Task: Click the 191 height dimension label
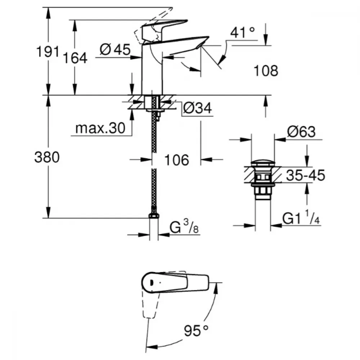click(48, 51)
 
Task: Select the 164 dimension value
click(75, 58)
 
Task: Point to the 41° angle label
click(242, 32)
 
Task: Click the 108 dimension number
click(266, 71)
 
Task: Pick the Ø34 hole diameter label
click(198, 108)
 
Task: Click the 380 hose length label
click(47, 157)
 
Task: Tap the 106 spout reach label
click(177, 160)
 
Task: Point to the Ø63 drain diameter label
click(301, 132)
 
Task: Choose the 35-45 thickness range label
click(306, 175)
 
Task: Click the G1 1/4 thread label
click(301, 217)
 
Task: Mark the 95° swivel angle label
click(196, 330)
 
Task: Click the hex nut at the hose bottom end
click(154, 216)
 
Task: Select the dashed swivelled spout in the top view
click(150, 303)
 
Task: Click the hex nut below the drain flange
click(263, 190)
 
